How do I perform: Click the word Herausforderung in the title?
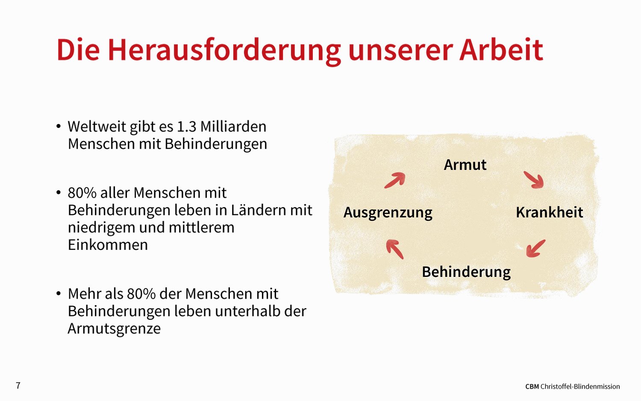[224, 50]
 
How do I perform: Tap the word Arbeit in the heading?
[501, 50]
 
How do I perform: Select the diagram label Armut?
[465, 165]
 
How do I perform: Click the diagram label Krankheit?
[550, 212]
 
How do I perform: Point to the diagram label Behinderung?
[466, 272]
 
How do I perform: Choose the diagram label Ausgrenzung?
[388, 213]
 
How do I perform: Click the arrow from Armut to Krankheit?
[534, 180]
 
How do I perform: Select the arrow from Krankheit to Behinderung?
[536, 249]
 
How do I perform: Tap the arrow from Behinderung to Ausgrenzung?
[395, 249]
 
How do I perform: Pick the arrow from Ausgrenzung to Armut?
[394, 180]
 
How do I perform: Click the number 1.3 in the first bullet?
[187, 127]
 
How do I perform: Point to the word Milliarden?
[233, 126]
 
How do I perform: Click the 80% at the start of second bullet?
[82, 193]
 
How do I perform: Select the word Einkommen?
[108, 245]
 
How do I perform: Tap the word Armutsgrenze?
[114, 329]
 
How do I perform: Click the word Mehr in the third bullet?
[83, 294]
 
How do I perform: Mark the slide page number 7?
[18, 386]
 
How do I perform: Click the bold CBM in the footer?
[532, 387]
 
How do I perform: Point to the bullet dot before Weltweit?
[59, 126]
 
